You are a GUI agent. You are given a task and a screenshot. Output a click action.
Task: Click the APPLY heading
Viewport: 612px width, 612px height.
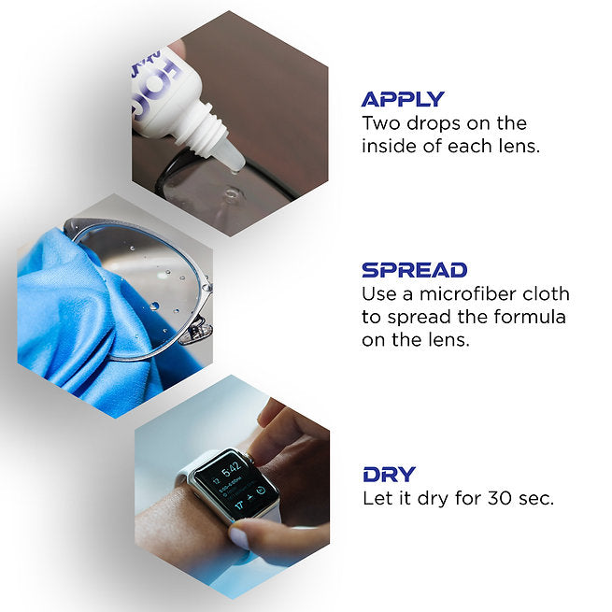point(403,99)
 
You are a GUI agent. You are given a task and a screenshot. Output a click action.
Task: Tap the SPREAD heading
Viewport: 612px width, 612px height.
point(414,270)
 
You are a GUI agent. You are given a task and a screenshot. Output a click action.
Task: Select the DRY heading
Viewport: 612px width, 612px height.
point(389,475)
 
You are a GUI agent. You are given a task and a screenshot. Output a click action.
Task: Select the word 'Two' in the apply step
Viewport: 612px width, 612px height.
point(381,123)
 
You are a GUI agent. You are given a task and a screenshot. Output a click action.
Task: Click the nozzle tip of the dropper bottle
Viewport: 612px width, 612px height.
point(235,168)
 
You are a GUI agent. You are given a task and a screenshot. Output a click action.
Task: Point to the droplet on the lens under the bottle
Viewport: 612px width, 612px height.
point(232,192)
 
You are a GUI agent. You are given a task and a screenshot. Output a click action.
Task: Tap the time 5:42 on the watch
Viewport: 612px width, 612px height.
point(231,470)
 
